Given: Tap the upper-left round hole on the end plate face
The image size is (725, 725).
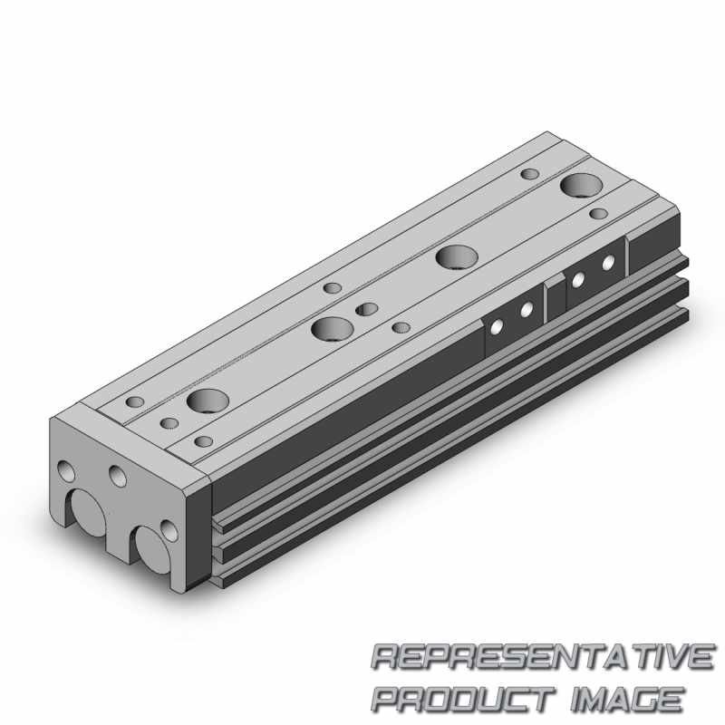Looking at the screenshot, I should (66, 470).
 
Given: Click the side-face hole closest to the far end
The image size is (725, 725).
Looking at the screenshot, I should (609, 263).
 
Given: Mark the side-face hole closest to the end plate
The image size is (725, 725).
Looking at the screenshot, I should (496, 327).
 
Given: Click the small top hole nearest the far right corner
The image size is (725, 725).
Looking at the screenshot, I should (599, 215).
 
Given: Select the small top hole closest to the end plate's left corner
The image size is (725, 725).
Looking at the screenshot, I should (135, 401).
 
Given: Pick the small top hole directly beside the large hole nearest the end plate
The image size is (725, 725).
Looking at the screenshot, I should (170, 422).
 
